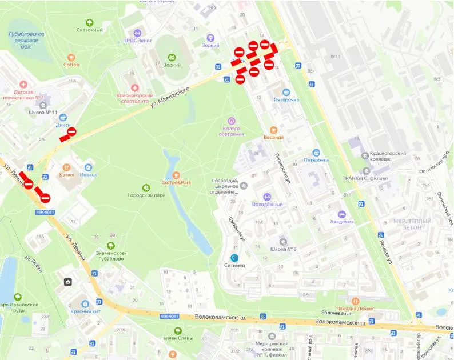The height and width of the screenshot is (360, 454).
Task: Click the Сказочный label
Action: (x=90, y=30)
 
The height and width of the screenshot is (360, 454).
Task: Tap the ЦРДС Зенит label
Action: (x=137, y=40)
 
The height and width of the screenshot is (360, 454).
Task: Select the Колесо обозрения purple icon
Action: (x=232, y=121)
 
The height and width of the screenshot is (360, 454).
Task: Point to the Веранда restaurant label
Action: (x=273, y=137)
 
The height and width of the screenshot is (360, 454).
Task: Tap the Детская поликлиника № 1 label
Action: (x=24, y=94)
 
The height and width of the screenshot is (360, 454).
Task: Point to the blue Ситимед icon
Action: (x=234, y=258)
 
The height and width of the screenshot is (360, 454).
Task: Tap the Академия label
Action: (x=342, y=222)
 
